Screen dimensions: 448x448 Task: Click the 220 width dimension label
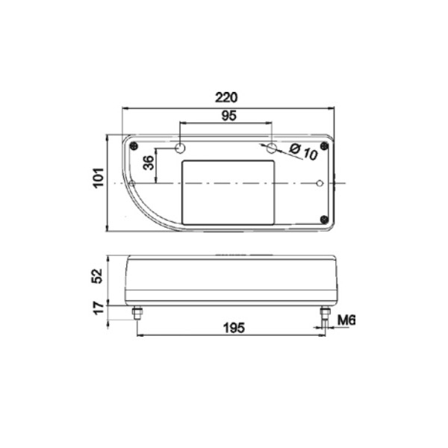point(226,97)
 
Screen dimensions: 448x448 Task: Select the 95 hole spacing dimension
point(229,116)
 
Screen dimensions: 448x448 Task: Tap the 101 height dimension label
point(99,178)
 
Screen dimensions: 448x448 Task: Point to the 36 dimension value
point(149,163)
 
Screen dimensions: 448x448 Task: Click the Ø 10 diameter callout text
point(303,152)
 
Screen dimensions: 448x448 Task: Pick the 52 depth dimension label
point(97,276)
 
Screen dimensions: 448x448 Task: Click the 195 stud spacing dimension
point(234,328)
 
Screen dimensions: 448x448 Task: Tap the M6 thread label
point(346,320)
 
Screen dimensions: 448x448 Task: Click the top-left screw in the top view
point(134,146)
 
